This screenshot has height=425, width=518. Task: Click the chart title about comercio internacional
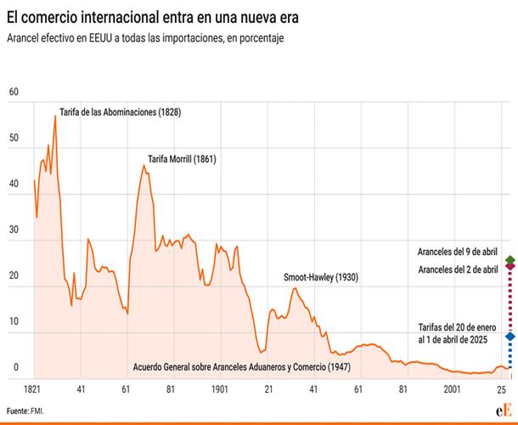154,16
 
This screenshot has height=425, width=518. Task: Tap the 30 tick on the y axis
14,229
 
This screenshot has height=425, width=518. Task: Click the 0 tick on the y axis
15,367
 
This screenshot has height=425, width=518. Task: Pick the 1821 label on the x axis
34,388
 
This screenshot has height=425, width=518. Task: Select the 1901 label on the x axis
219,388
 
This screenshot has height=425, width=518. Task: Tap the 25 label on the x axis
502,388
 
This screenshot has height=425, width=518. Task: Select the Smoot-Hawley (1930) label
321,278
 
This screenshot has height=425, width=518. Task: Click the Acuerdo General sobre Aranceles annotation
242,368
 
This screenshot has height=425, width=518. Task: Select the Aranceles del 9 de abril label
458,252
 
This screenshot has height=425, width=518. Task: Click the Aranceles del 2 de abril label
458,269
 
